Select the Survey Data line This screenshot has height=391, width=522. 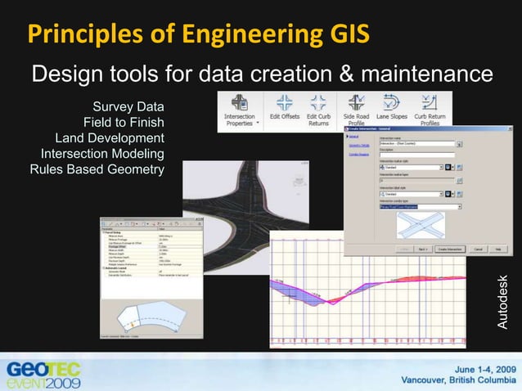(x=128, y=107)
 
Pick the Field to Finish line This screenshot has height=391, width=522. (x=124, y=123)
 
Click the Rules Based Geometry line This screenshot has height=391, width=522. (x=97, y=169)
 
